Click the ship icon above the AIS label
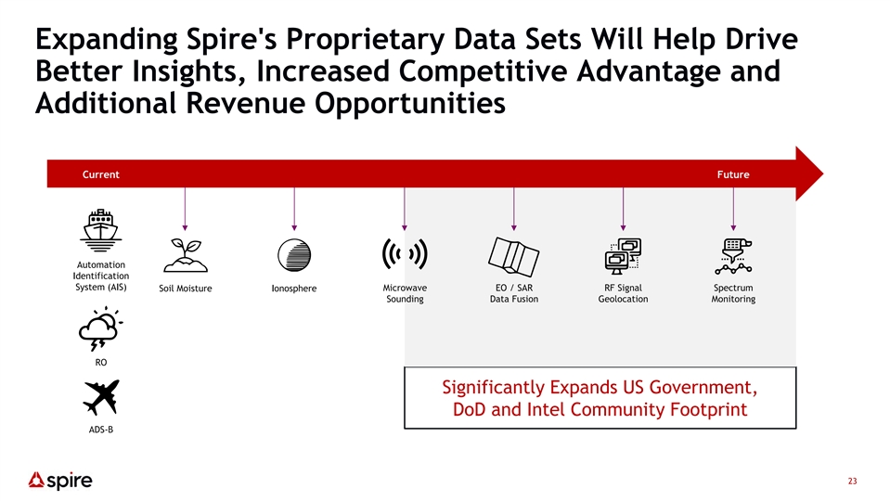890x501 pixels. [x=100, y=230]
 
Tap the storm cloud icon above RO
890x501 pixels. [x=100, y=328]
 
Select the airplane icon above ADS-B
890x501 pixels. [x=101, y=397]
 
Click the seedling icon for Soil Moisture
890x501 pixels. [x=186, y=255]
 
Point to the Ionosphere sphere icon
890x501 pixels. [x=294, y=255]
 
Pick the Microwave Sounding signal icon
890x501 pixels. [x=405, y=253]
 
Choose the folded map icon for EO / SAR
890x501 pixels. [x=514, y=256]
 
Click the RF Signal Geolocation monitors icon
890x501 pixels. [x=623, y=256]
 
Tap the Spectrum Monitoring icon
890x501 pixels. [x=733, y=256]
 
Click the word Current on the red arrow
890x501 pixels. [x=101, y=174]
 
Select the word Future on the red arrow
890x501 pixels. [x=733, y=174]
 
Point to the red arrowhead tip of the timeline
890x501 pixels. [x=823, y=173]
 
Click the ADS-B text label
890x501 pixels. [x=101, y=430]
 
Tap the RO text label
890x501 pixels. [x=101, y=362]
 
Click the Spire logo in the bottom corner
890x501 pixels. [x=60, y=481]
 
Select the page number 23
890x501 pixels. [x=852, y=482]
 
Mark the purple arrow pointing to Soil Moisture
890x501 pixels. [x=185, y=209]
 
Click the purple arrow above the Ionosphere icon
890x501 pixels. [x=294, y=209]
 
